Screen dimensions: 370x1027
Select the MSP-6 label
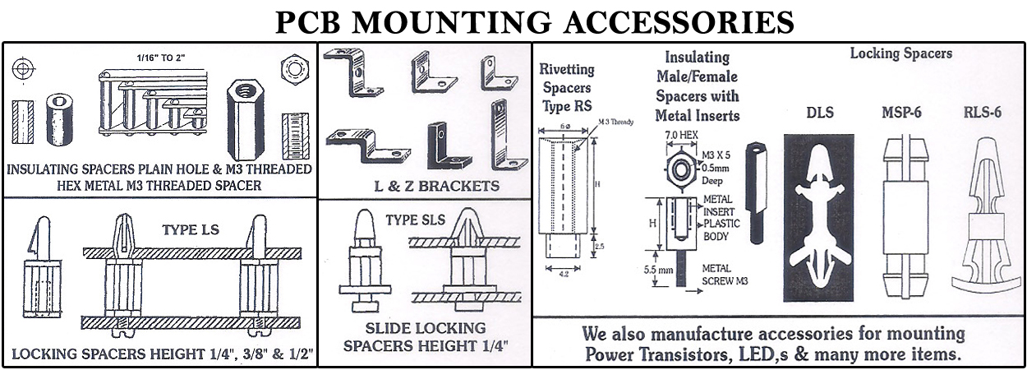903,113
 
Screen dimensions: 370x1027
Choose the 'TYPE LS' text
190,229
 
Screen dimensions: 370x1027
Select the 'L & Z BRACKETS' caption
424,186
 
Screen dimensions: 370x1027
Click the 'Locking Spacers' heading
900,53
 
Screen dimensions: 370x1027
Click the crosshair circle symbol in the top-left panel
23,66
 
